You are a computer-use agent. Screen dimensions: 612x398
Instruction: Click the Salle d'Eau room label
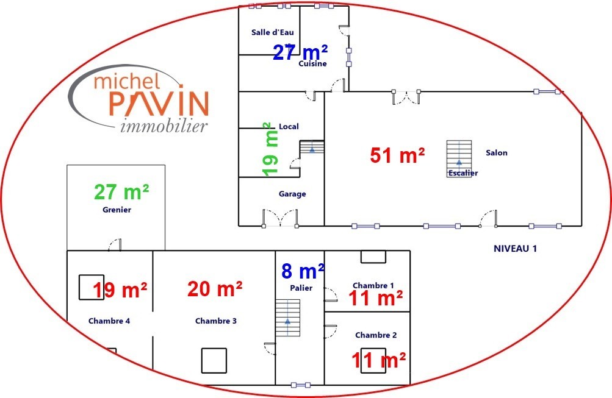272,32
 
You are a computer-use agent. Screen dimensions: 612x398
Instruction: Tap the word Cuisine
312,63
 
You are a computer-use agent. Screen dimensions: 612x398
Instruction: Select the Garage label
292,194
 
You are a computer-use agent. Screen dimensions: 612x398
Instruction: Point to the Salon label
497,153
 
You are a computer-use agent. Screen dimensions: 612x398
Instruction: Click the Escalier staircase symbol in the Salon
459,158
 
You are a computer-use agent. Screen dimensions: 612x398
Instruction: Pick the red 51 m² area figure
397,155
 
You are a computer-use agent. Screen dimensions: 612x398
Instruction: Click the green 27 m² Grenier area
121,192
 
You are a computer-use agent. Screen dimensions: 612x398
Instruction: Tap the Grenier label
117,210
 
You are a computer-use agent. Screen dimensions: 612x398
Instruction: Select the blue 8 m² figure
303,271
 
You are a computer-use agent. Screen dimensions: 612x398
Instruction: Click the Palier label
301,288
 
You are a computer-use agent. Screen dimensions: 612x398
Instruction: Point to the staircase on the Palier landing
287,318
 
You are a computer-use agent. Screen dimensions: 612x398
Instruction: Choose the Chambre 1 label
373,285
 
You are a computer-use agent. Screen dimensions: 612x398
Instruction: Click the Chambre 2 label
376,335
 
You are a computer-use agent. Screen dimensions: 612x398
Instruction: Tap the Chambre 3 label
216,321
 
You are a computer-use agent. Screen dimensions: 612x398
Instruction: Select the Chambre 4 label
109,321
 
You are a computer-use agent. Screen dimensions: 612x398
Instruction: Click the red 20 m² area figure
215,290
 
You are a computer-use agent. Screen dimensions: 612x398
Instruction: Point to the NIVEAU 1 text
515,249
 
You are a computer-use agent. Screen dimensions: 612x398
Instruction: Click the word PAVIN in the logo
159,104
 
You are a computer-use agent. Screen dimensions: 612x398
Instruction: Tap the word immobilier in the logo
164,126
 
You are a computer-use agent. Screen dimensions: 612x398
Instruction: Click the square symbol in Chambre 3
214,361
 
